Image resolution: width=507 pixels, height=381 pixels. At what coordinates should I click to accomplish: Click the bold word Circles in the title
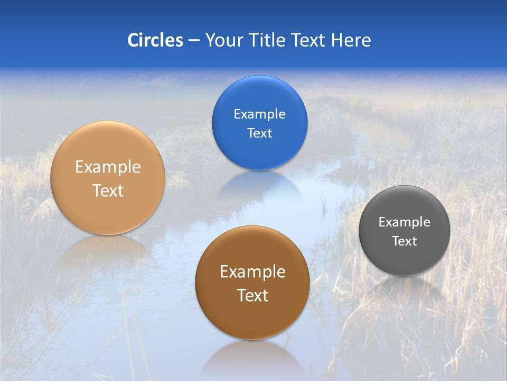pyautogui.click(x=155, y=40)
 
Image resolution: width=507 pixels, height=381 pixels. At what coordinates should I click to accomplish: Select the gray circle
pyautogui.click(x=404, y=259)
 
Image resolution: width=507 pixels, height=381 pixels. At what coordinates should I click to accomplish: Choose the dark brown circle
pyautogui.click(x=252, y=317)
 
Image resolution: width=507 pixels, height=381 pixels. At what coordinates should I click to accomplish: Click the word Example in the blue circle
pyautogui.click(x=259, y=114)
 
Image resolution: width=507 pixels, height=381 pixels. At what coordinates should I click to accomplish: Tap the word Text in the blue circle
pyautogui.click(x=259, y=133)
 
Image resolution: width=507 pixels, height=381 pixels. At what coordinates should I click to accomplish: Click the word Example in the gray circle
pyautogui.click(x=404, y=222)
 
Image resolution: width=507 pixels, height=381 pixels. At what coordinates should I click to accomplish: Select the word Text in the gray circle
pyautogui.click(x=404, y=241)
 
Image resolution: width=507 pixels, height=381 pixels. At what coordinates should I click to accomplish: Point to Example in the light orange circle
pyautogui.click(x=108, y=167)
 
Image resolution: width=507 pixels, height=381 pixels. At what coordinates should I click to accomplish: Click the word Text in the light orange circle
pyautogui.click(x=108, y=190)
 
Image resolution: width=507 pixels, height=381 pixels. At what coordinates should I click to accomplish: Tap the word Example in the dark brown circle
pyautogui.click(x=252, y=272)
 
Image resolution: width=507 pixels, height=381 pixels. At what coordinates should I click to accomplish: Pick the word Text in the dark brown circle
pyautogui.click(x=252, y=295)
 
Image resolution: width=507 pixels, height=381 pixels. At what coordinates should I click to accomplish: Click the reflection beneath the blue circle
pyautogui.click(x=259, y=185)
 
